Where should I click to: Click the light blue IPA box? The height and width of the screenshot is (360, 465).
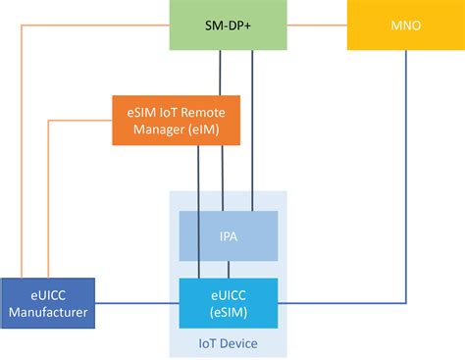coord(228,236)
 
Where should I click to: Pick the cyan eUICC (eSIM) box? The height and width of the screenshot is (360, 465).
coord(228,302)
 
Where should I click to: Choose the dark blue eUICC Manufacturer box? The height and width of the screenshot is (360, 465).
coord(47,302)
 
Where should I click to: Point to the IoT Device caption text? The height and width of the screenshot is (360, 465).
coord(228,343)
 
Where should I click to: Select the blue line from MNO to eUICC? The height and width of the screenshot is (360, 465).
coord(405,196)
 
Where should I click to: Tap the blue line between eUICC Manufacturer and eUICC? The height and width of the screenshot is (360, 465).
coord(137,303)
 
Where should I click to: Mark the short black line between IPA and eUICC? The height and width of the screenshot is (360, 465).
coord(228,270)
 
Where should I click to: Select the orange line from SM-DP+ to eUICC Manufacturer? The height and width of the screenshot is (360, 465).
coord(20,147)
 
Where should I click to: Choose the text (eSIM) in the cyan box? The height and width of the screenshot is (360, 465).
coord(228,311)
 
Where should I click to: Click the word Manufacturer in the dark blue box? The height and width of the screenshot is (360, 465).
coord(47,312)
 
